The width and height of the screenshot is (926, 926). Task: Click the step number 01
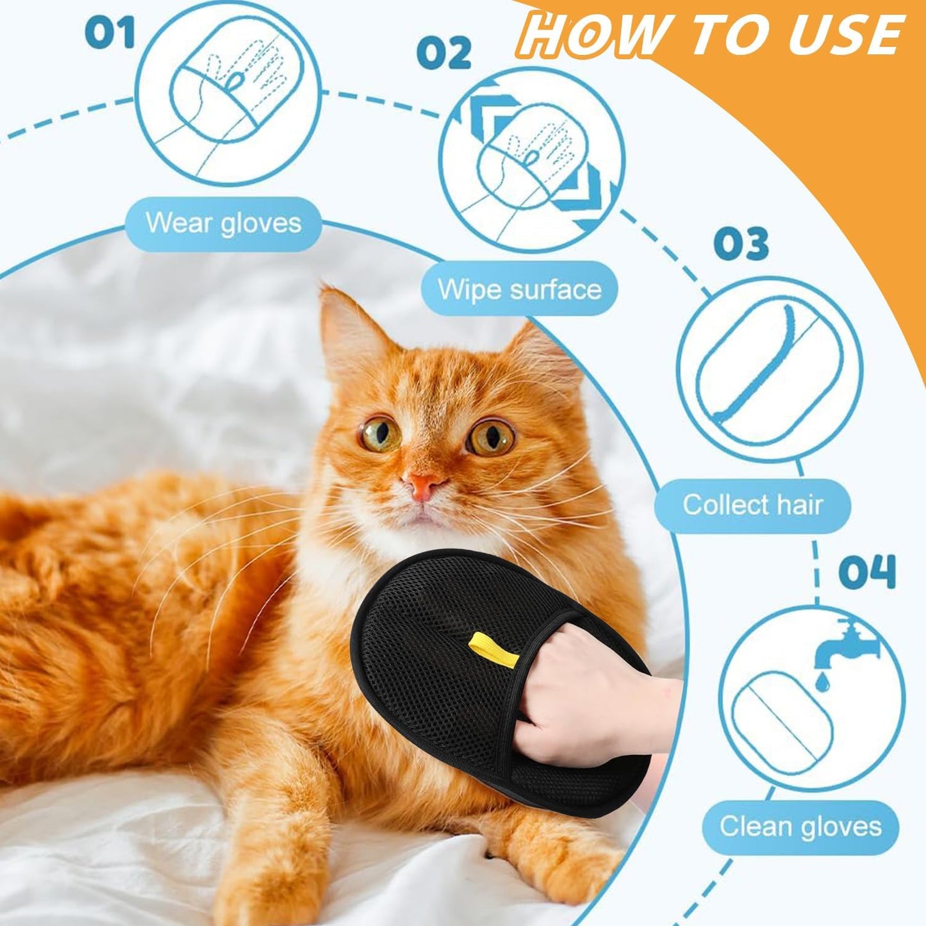[x=110, y=32]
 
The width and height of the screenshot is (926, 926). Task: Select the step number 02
[x=443, y=53]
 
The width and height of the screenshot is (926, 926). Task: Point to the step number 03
[x=741, y=244]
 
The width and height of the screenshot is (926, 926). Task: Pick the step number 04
[x=866, y=572]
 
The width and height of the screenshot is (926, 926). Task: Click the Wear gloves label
[x=223, y=224]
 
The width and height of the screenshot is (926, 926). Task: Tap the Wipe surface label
[x=520, y=289]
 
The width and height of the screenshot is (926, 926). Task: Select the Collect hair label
[x=752, y=505]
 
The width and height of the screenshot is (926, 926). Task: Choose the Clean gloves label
[x=800, y=826]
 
